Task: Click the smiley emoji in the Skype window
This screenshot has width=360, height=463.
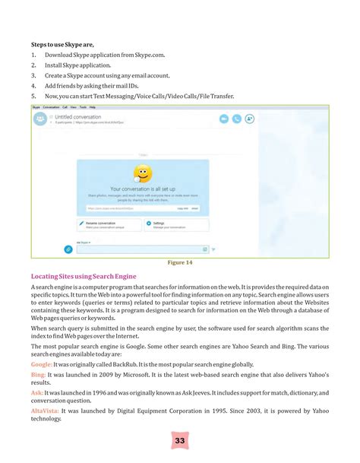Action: coord(141,173)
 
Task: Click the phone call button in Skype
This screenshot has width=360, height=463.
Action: coord(237,119)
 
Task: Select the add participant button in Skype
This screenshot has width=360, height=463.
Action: coord(249,119)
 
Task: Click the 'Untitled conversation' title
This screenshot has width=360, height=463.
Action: coord(77,117)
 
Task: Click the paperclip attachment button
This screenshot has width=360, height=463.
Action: coord(68,249)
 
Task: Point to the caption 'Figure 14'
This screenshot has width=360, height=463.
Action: coord(179,263)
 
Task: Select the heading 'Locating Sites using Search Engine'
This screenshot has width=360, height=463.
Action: coord(84,276)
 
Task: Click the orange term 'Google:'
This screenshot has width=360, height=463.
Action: coord(42,365)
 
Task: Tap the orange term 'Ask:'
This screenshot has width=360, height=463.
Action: coord(36,393)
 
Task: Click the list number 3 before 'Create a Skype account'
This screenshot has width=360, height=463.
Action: coord(33,76)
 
